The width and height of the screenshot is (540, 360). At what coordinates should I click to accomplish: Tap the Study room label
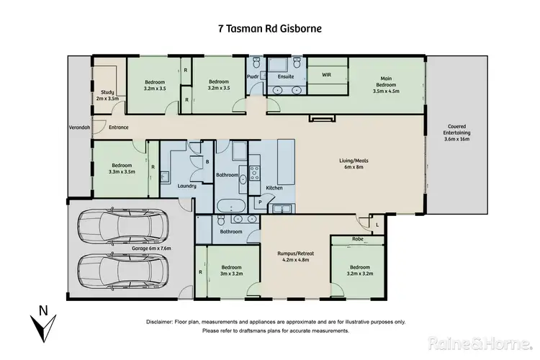108,94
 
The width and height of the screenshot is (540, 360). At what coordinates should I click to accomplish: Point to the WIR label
326,73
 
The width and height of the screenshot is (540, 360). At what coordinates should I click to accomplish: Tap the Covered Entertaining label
457,135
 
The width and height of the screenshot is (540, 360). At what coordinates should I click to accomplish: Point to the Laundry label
187,186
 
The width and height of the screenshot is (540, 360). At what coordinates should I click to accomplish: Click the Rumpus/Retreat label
296,256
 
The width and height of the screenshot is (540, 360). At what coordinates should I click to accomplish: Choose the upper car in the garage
120,226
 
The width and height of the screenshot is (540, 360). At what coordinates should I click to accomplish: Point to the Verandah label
79,127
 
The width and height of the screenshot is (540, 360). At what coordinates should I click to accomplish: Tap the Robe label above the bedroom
357,238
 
